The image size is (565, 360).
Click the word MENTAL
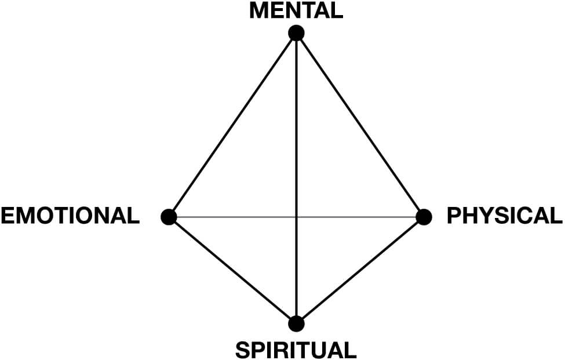point(296,10)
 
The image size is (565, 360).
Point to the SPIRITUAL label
point(296,350)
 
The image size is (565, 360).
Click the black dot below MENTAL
point(296,33)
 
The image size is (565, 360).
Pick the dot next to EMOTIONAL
point(169,217)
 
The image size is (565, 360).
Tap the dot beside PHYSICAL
point(424,217)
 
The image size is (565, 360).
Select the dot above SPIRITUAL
point(296,323)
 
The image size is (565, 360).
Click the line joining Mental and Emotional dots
point(232,125)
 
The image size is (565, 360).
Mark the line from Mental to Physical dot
point(360,125)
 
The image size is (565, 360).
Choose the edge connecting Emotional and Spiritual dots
point(232,270)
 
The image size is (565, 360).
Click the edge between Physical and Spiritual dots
point(360,270)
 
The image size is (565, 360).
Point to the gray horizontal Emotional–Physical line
point(232,217)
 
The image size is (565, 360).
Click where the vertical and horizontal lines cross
point(296,217)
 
